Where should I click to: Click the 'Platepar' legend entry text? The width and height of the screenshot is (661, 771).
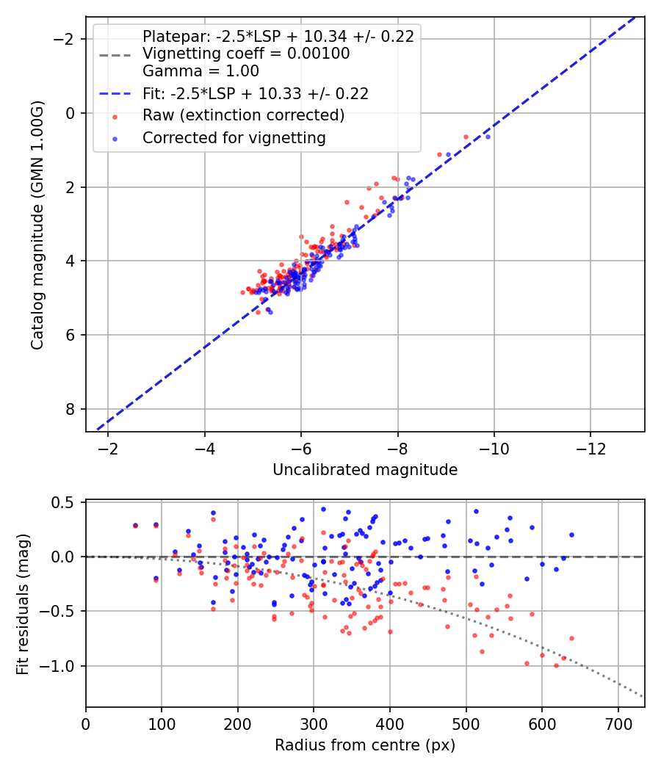tap(278, 36)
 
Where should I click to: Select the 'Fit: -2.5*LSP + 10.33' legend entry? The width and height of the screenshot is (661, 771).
tap(255, 94)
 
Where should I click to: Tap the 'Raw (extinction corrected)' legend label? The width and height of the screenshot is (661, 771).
tap(243, 115)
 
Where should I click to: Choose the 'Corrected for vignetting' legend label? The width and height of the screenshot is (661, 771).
tap(234, 137)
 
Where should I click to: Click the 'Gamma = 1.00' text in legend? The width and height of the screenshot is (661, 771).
tap(201, 71)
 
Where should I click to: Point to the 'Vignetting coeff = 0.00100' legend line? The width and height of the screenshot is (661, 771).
tap(246, 54)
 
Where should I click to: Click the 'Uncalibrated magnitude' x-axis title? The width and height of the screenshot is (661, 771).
tap(365, 470)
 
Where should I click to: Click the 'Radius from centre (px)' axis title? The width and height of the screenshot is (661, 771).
tap(365, 745)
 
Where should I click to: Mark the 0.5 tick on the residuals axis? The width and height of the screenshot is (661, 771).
tap(67, 502)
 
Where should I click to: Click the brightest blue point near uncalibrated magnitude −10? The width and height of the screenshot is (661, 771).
tap(488, 137)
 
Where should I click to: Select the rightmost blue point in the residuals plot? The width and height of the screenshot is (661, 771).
tap(571, 535)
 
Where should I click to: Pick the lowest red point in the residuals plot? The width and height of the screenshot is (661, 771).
tap(556, 666)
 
